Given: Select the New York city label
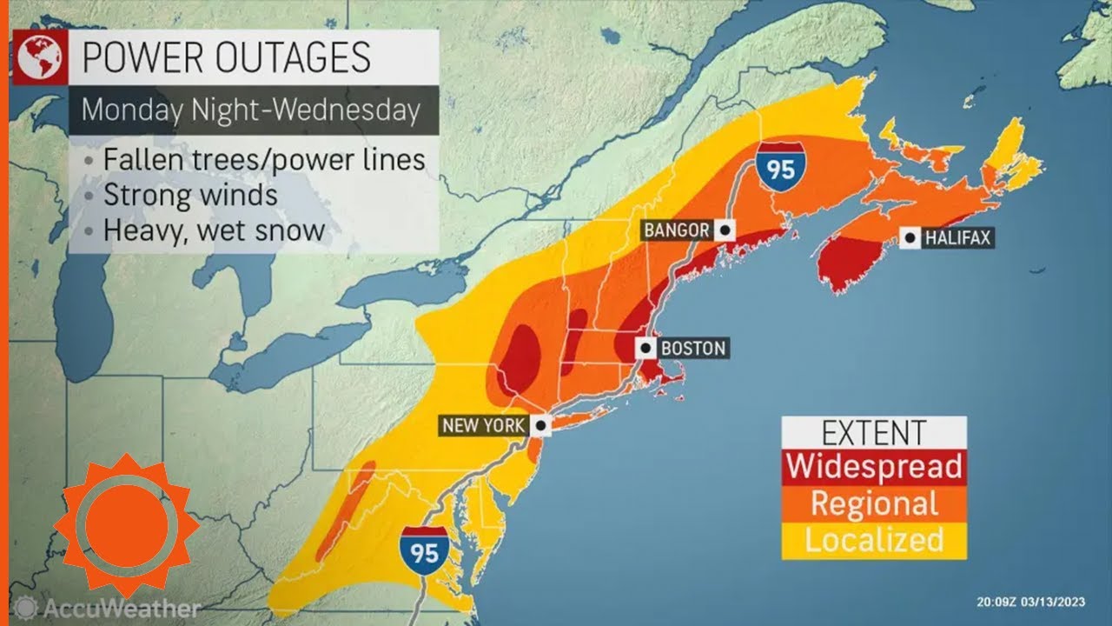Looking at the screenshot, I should coord(483,426).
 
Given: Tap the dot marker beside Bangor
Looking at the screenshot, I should coord(725,230).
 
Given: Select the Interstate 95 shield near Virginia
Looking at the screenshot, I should coord(424,548).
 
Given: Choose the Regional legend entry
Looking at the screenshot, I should coord(874,503).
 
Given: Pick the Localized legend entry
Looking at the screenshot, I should coord(874,540).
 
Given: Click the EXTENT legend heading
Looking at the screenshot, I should coord(874,432).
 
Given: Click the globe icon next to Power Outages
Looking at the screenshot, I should coord(39,57).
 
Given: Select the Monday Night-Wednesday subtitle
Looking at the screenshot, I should coord(251,110).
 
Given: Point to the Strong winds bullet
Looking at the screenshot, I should coord(190,194).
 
